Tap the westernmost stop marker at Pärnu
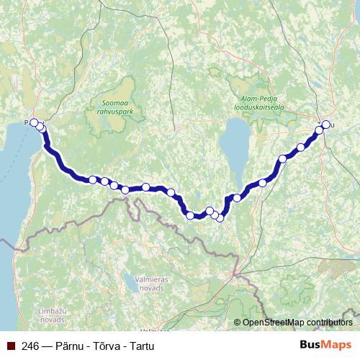click(34, 122)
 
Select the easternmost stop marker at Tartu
click(325, 125)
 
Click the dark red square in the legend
click(8, 345)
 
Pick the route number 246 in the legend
click(30, 345)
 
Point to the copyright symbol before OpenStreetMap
click(238, 323)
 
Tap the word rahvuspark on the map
click(116, 112)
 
